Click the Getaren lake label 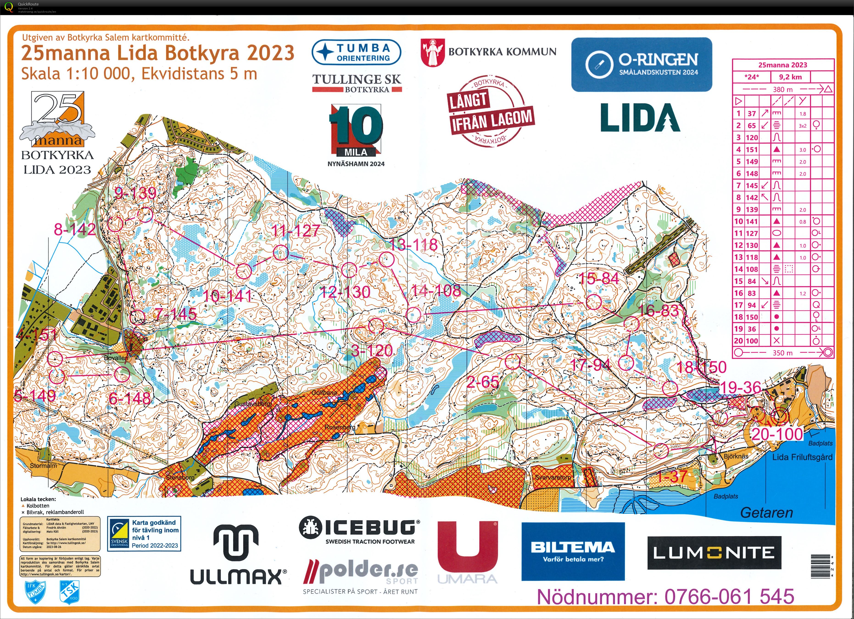(x=766, y=513)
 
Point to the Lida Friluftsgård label (x=802, y=457)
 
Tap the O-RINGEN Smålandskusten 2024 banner (x=641, y=64)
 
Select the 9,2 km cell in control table (x=790, y=77)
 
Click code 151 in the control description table (x=752, y=150)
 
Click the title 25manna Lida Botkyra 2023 (x=157, y=53)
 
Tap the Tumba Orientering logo (x=356, y=52)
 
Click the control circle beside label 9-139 (x=145, y=215)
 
